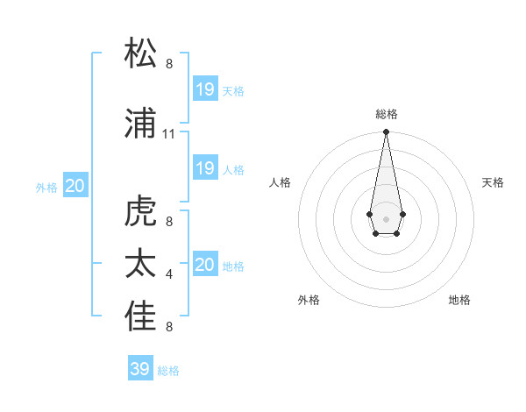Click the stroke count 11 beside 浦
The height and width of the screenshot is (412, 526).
pyautogui.click(x=169, y=134)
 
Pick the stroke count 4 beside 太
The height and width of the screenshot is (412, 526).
pyautogui.click(x=169, y=274)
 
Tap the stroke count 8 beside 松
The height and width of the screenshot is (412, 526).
pyautogui.click(x=169, y=64)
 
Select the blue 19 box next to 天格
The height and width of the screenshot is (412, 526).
pyautogui.click(x=204, y=89)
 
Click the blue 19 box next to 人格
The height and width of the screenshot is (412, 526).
pyautogui.click(x=204, y=168)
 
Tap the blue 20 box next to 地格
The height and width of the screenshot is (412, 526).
pyautogui.click(x=204, y=265)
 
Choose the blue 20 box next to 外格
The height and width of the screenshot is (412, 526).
pyautogui.click(x=75, y=185)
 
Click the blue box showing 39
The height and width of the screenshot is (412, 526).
pyautogui.click(x=139, y=369)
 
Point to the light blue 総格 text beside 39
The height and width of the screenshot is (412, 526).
pyautogui.click(x=168, y=371)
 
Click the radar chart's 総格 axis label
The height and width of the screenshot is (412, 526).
pyautogui.click(x=386, y=114)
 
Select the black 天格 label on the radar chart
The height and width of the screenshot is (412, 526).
pyautogui.click(x=493, y=182)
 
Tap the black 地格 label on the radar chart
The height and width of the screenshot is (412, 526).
pyautogui.click(x=459, y=300)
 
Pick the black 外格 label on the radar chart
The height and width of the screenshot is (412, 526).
pyautogui.click(x=309, y=300)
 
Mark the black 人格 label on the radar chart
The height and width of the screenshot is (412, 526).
pyautogui.click(x=280, y=182)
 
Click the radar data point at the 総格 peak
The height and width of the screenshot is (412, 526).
pyautogui.click(x=386, y=132)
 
